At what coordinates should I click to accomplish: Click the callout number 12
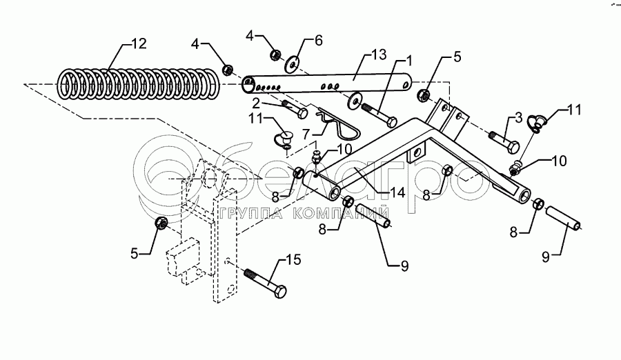139,44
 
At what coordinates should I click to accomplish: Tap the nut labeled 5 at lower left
161,223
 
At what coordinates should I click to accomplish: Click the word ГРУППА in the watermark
246,212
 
